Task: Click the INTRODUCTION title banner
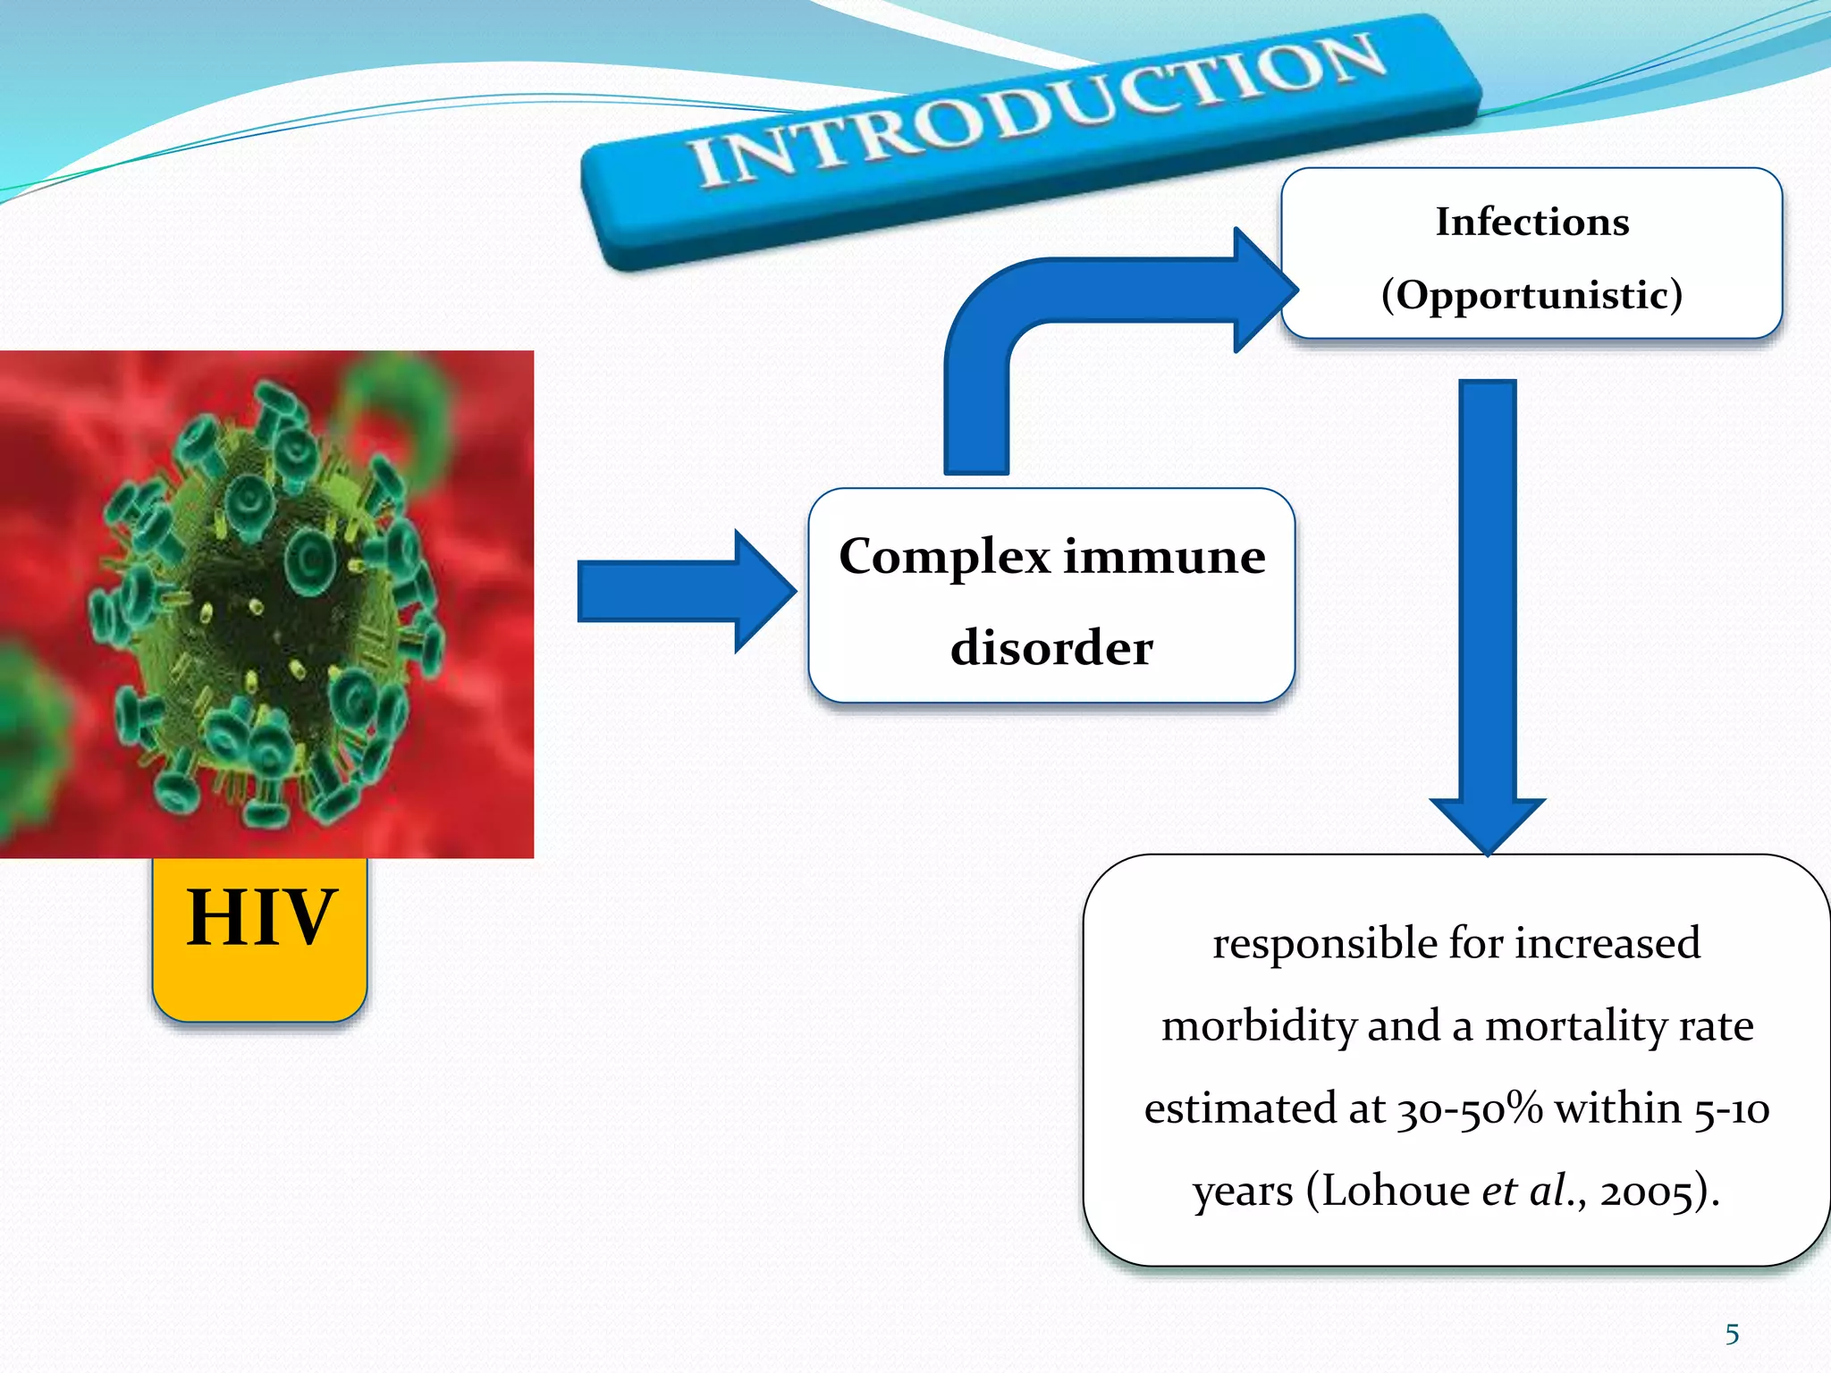[x=1033, y=134]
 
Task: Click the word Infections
[x=1531, y=222]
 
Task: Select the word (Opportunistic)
[x=1531, y=295]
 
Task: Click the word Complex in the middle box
[x=944, y=558]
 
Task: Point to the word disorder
[x=1051, y=648]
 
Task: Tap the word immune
[x=1164, y=558]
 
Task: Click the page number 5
[x=1732, y=1335]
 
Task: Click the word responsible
[x=1324, y=944]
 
